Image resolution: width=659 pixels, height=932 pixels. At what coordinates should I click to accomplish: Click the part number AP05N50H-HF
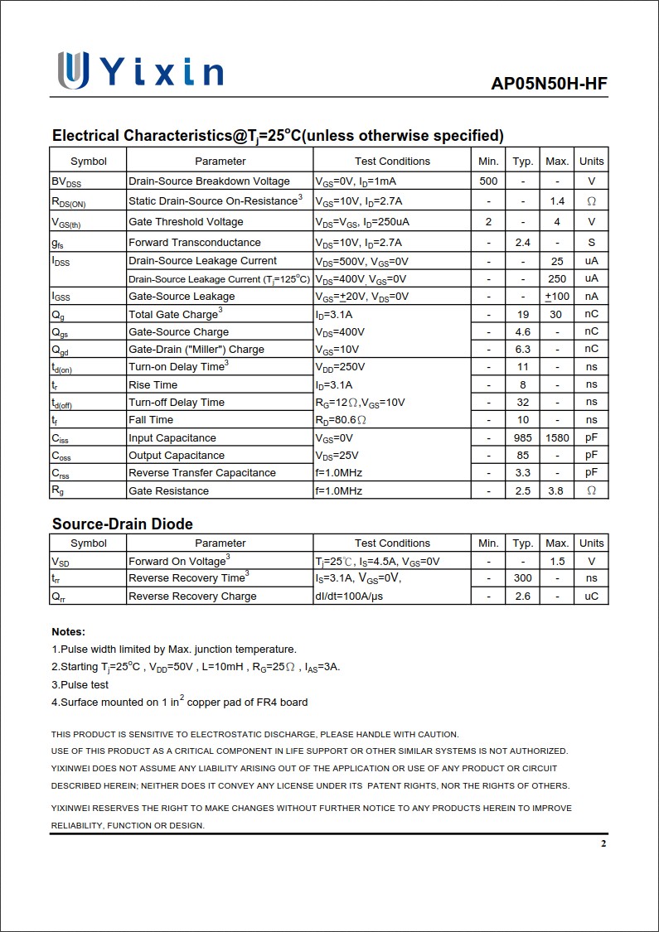pyautogui.click(x=549, y=84)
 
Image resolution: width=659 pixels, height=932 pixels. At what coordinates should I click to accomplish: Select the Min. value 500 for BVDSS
pyautogui.click(x=489, y=181)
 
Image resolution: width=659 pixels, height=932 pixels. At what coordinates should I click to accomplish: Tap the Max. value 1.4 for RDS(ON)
pyautogui.click(x=557, y=201)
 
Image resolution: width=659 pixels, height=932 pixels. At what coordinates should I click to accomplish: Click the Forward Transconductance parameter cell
pyautogui.click(x=195, y=243)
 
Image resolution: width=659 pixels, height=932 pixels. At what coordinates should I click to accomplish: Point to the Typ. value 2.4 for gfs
pyautogui.click(x=522, y=243)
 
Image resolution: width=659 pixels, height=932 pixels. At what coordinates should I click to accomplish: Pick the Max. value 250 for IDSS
pyautogui.click(x=557, y=279)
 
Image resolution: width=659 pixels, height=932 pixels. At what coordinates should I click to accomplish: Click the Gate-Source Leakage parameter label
pyautogui.click(x=182, y=297)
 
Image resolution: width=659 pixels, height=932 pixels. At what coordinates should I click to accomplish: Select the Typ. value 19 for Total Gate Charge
pyautogui.click(x=522, y=315)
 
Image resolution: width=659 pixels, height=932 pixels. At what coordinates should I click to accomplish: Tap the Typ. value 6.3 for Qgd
pyautogui.click(x=522, y=350)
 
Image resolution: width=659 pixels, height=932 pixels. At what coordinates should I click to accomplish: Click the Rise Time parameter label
pyautogui.click(x=153, y=385)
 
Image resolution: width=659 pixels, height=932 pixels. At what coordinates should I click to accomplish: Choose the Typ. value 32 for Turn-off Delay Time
pyautogui.click(x=522, y=403)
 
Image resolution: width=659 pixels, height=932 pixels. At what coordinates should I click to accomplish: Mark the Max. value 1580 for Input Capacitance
pyautogui.click(x=557, y=438)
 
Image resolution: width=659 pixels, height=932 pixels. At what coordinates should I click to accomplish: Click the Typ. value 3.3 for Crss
pyautogui.click(x=522, y=473)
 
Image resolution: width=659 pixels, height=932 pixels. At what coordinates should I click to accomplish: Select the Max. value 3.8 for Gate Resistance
pyautogui.click(x=557, y=491)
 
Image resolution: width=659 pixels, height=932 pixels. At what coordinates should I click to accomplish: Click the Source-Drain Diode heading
pyautogui.click(x=123, y=524)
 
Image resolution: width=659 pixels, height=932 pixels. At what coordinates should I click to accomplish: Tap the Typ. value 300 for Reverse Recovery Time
pyautogui.click(x=522, y=578)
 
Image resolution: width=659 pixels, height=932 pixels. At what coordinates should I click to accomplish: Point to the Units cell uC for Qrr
pyautogui.click(x=591, y=596)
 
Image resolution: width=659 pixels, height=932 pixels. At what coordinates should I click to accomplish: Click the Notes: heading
pyautogui.click(x=68, y=632)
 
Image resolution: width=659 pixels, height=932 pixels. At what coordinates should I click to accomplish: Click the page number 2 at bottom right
pyautogui.click(x=603, y=844)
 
